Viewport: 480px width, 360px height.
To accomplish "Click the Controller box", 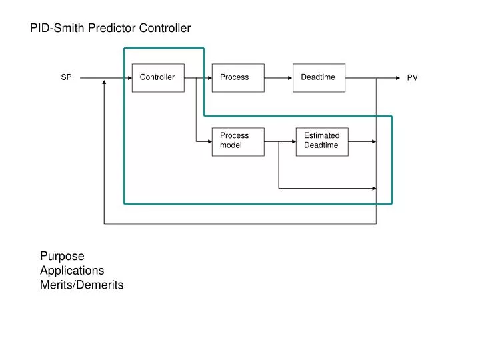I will [158, 77].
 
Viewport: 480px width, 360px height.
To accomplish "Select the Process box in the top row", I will [238, 77].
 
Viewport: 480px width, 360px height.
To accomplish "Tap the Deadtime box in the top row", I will [319, 77].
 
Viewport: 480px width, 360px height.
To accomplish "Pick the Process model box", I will [238, 141].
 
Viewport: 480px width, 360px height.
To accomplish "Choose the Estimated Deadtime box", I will [322, 141].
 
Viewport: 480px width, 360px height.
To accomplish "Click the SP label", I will [67, 77].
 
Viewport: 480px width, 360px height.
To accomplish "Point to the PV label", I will [413, 78].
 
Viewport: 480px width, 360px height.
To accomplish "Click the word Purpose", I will [62, 256].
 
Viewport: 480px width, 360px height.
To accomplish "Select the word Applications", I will [72, 271].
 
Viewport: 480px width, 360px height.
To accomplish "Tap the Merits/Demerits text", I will [81, 285].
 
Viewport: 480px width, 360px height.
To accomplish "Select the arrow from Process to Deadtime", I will [279, 77].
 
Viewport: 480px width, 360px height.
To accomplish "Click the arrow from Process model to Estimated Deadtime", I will [280, 141].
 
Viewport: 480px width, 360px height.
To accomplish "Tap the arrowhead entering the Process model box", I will [209, 141].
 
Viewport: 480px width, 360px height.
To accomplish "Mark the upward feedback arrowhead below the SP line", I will [105, 83].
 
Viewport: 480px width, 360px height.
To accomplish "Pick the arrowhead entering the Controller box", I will [129, 77].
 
